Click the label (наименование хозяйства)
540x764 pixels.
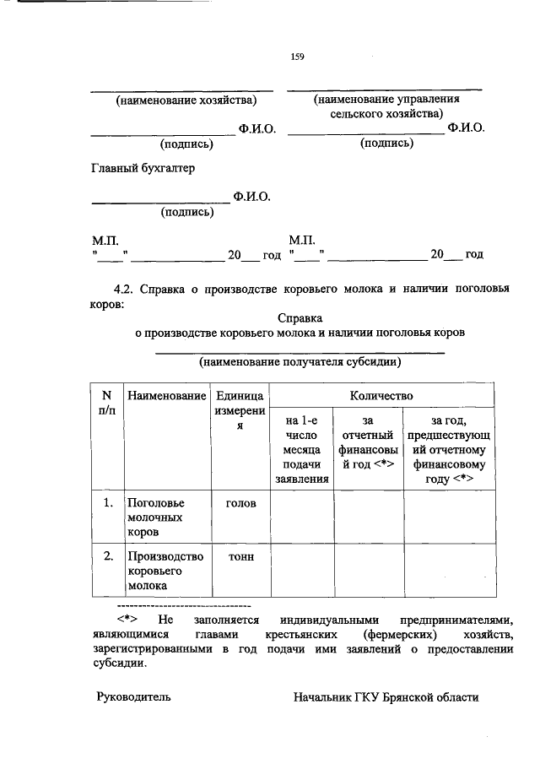pos(186,100)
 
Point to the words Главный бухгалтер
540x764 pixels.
pos(143,168)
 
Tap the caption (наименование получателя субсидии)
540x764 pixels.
pos(300,363)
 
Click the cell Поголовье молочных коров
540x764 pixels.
pos(154,517)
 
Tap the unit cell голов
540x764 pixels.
pos(240,503)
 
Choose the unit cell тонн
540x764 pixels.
pos(240,556)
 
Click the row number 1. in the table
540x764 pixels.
pos(107,503)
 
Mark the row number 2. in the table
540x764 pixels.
pos(107,556)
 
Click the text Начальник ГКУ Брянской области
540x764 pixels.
pos(386,697)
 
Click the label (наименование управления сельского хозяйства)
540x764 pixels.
pos(385,106)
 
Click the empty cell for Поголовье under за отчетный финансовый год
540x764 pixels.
pos(366,517)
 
